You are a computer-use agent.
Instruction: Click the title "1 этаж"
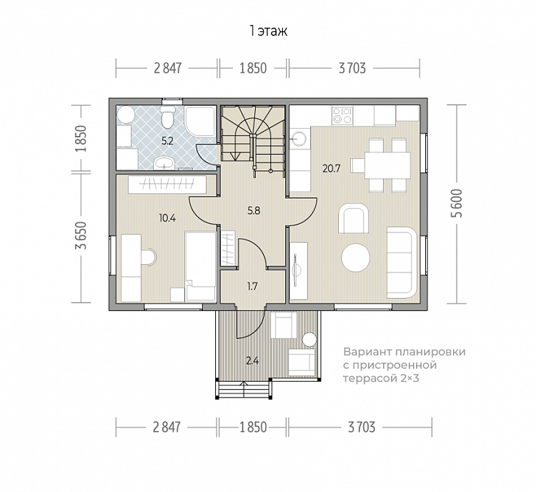point(268,31)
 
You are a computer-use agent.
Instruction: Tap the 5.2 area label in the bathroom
point(167,141)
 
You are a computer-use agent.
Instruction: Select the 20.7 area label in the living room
point(331,168)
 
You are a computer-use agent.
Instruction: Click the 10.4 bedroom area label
point(167,217)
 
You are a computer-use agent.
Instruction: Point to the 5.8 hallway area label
point(254,211)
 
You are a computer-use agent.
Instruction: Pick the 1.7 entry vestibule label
point(252,286)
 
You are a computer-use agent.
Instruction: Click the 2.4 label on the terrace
point(252,360)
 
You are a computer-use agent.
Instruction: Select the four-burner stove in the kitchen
point(342,115)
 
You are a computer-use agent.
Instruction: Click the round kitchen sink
point(299,137)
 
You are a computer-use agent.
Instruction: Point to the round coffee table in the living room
point(355,257)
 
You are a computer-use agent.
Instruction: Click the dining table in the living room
point(387,166)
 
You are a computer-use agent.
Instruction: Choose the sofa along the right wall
point(402,262)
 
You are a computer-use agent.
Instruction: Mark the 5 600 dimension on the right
point(457,203)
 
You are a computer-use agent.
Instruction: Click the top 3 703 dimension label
point(352,69)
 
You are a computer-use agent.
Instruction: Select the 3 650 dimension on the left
point(81,235)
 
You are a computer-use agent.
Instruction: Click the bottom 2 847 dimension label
point(166,428)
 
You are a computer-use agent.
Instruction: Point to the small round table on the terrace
point(310,339)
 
